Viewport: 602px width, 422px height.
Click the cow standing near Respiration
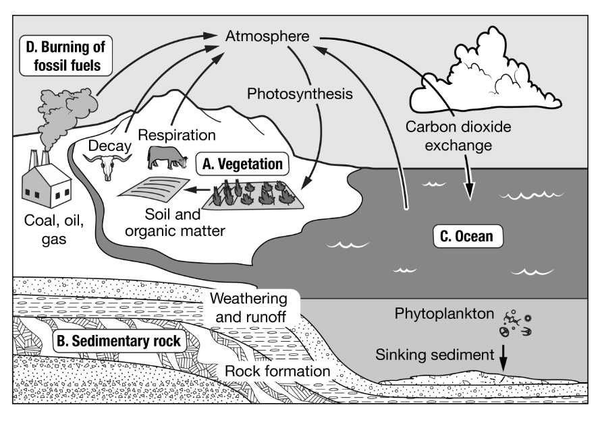[167, 158]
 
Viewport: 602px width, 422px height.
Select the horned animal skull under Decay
[108, 165]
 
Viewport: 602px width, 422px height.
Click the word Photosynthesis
[300, 94]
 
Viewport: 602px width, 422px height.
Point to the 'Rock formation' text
[277, 371]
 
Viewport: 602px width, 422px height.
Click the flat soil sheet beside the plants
[152, 188]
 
